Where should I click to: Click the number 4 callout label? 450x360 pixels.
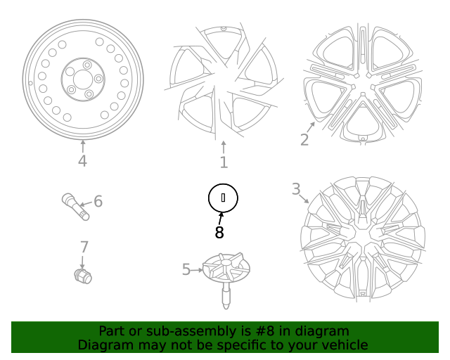(x=82, y=162)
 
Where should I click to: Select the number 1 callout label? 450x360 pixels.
(x=224, y=163)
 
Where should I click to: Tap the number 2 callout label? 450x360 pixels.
(x=304, y=139)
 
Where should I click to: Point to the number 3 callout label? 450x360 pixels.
(x=296, y=188)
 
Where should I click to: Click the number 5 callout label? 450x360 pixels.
(x=186, y=269)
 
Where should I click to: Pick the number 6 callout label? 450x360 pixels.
(x=98, y=202)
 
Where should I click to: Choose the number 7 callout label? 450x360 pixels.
(x=84, y=247)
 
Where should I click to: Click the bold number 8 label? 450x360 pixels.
(x=219, y=233)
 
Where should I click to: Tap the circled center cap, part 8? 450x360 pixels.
(x=224, y=198)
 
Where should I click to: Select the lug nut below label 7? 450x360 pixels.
(x=82, y=276)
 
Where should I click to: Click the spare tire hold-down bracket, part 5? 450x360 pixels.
(x=224, y=274)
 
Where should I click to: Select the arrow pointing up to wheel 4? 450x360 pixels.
(x=82, y=146)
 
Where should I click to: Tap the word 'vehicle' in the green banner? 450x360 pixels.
(x=344, y=345)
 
